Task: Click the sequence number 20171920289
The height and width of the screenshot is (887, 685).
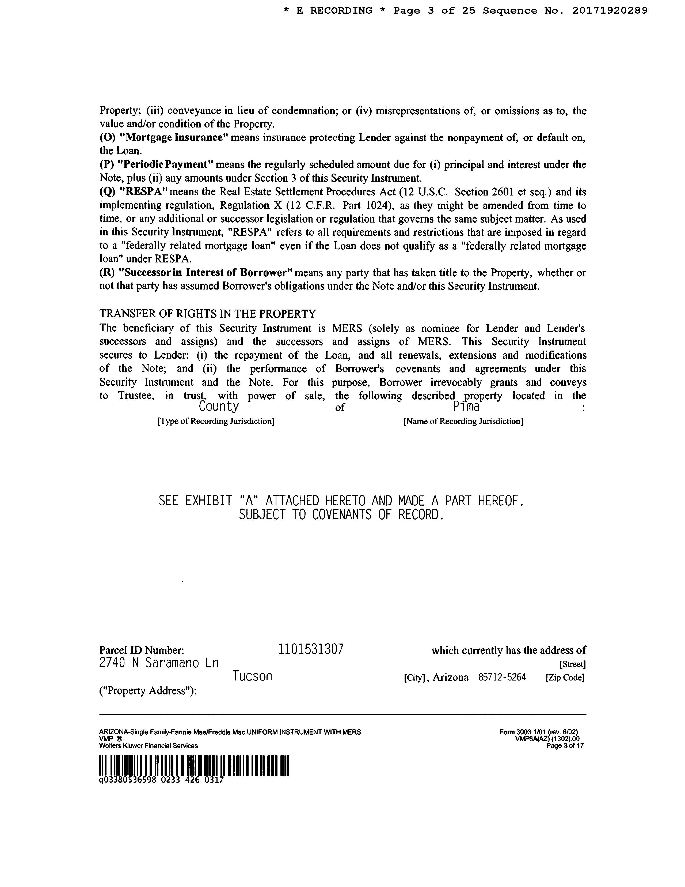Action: tap(610, 11)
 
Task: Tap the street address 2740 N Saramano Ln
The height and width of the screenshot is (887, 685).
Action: tap(159, 663)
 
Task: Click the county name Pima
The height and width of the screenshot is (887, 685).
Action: tap(466, 407)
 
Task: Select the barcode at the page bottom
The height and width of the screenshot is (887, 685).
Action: tap(193, 766)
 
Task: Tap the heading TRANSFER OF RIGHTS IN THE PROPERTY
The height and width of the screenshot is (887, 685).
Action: tap(207, 314)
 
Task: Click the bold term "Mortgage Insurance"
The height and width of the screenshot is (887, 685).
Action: tap(174, 137)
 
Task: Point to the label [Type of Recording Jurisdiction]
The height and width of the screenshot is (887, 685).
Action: tap(216, 421)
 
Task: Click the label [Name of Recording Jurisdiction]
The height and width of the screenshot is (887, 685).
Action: tap(463, 421)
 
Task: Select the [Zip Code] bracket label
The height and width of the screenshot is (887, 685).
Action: tap(565, 677)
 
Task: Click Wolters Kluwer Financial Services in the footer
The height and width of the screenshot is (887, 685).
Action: tap(148, 746)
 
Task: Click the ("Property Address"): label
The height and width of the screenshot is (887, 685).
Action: tap(148, 691)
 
